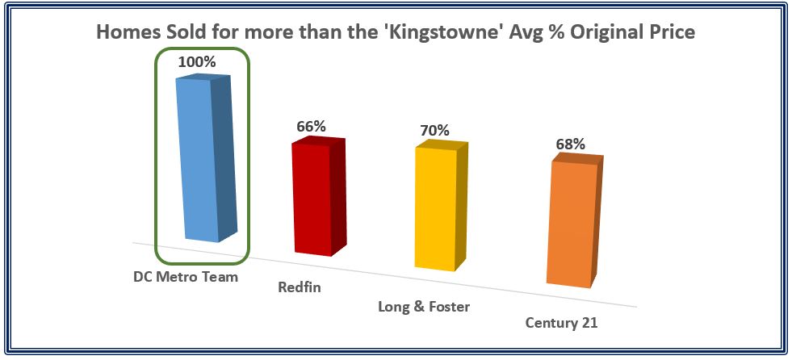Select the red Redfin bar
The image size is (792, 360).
(318, 196)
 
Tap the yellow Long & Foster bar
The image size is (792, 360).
(441, 206)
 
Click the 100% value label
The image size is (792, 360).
(197, 62)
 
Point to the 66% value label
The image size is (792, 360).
(311, 126)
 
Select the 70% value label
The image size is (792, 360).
(434, 130)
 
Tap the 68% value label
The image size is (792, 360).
(571, 144)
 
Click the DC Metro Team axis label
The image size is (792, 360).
(186, 277)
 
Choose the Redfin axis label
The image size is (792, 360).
(300, 288)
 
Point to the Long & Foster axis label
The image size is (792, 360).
(424, 307)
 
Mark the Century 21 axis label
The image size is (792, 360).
(561, 323)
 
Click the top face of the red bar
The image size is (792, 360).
(319, 142)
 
